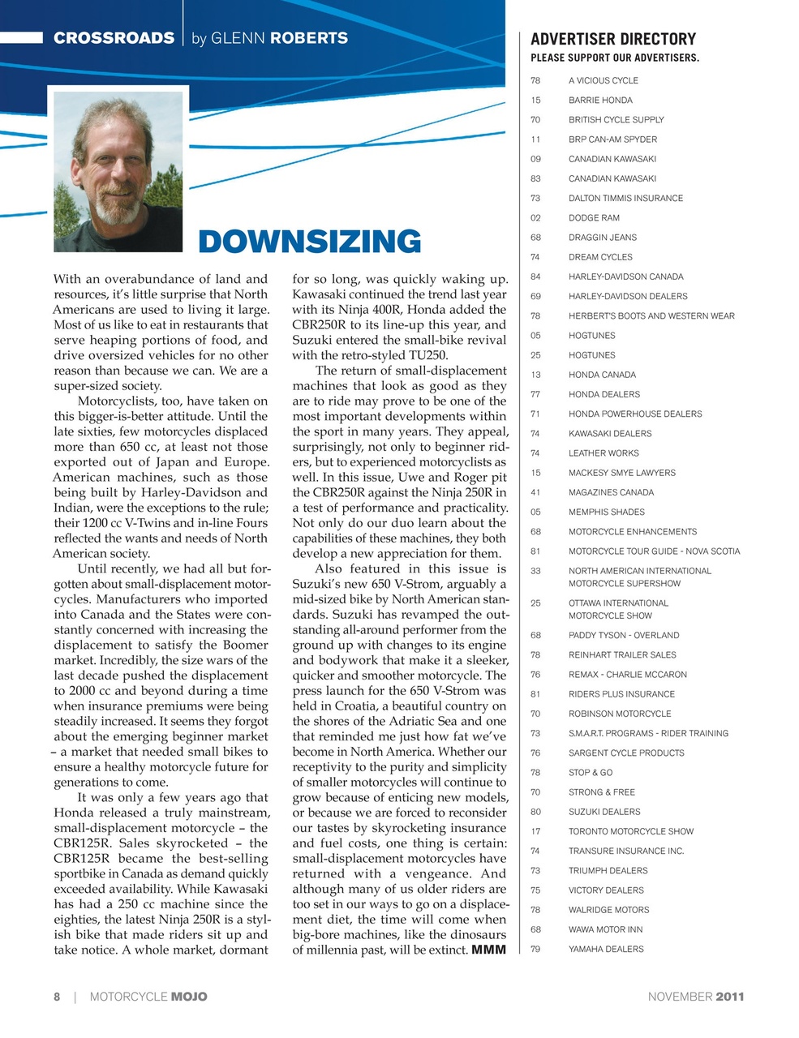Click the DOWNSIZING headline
pyautogui.click(x=309, y=242)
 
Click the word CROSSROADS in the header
pyautogui.click(x=114, y=38)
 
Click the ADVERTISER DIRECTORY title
pyautogui.click(x=612, y=39)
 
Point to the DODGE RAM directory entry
pyautogui.click(x=594, y=217)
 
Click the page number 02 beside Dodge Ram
pyautogui.click(x=535, y=217)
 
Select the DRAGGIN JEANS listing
pyautogui.click(x=602, y=238)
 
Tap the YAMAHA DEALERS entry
pyautogui.click(x=606, y=949)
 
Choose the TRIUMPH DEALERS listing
pyautogui.click(x=608, y=870)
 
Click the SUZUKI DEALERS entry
pyautogui.click(x=604, y=812)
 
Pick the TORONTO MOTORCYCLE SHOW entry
pyautogui.click(x=630, y=831)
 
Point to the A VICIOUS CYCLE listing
pyautogui.click(x=603, y=80)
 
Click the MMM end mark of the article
pyautogui.click(x=488, y=950)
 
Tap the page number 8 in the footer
pyautogui.click(x=57, y=997)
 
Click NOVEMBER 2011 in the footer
pyautogui.click(x=695, y=997)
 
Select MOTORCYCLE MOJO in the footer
pyautogui.click(x=148, y=997)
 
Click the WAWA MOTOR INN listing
pyautogui.click(x=605, y=929)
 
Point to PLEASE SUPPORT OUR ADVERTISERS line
pyautogui.click(x=614, y=58)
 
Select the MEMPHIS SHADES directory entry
pyautogui.click(x=606, y=512)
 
